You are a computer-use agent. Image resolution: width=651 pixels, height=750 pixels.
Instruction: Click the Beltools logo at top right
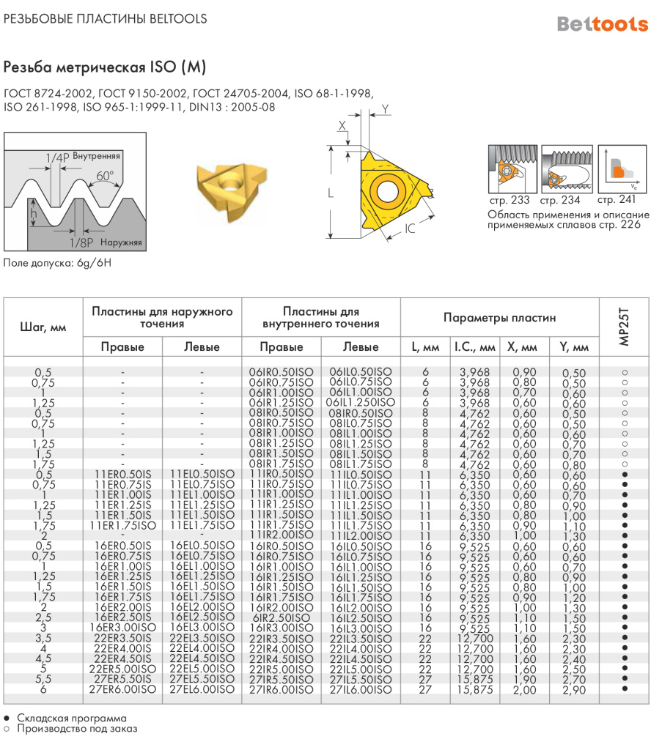click(602, 23)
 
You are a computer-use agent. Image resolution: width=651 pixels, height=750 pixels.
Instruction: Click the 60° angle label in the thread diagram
click(105, 176)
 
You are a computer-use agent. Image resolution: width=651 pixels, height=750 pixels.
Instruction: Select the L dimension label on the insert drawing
click(331, 193)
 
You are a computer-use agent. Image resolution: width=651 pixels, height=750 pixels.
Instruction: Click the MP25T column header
click(624, 327)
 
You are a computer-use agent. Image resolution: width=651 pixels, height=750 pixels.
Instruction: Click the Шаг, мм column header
click(43, 327)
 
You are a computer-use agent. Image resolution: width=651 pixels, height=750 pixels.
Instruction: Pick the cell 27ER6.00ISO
click(122, 689)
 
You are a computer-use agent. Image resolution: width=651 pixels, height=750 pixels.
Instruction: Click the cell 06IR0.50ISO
click(282, 372)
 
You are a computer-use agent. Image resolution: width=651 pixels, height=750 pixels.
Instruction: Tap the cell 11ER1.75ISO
click(122, 525)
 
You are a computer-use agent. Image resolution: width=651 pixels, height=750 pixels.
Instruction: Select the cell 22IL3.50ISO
click(361, 638)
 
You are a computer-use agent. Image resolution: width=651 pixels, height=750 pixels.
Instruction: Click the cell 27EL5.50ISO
click(202, 679)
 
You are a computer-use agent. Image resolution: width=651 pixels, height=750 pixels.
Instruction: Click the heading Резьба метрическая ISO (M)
click(105, 67)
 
